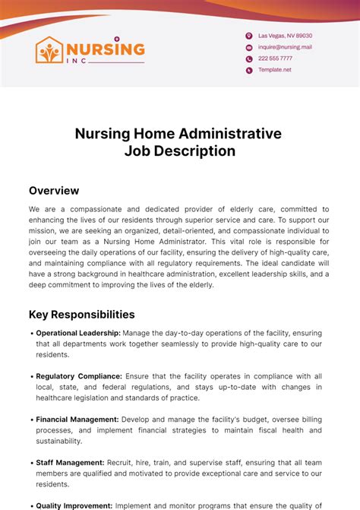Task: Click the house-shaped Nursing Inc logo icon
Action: point(51,50)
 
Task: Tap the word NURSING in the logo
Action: point(106,49)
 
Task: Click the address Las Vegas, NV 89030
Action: point(285,36)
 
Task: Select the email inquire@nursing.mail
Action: point(285,47)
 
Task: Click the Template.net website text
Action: point(275,70)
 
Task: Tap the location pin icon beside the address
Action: point(248,36)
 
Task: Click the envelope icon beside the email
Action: point(248,47)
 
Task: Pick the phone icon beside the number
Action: point(248,59)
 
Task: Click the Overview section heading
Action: point(54,191)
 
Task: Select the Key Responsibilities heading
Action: point(82,314)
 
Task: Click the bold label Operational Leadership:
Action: point(78,333)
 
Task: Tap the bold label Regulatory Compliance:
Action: point(79,375)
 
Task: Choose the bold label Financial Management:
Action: point(77,419)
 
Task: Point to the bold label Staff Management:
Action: point(70,462)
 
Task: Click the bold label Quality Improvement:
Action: point(74,505)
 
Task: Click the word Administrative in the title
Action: point(230,134)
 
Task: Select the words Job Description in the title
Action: point(179,151)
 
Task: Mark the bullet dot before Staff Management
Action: point(32,462)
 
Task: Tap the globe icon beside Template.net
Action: point(248,70)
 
